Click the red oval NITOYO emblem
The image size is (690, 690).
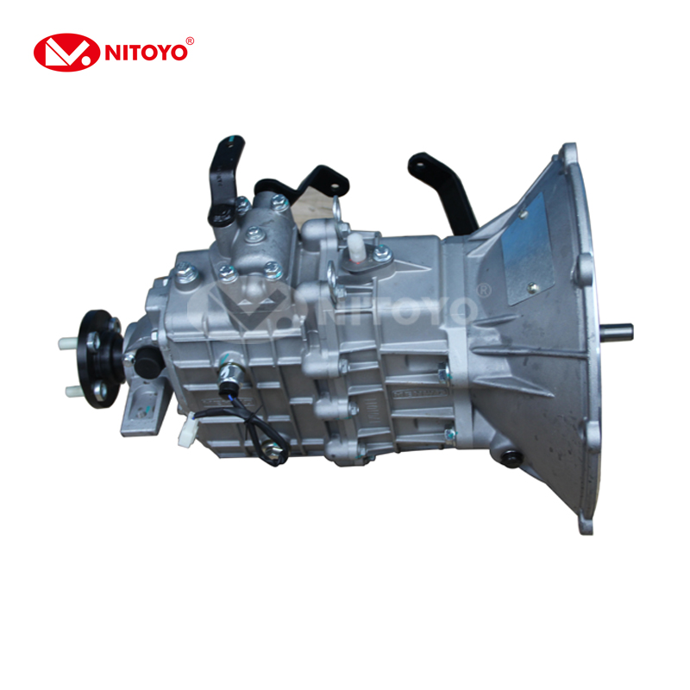click(x=66, y=53)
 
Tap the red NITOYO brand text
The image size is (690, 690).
click(x=146, y=53)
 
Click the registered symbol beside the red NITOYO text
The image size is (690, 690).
click(x=190, y=41)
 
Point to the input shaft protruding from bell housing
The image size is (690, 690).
click(x=616, y=331)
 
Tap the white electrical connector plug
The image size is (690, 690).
click(x=186, y=431)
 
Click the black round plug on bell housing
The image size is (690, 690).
click(x=511, y=459)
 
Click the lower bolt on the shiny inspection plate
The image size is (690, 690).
click(x=532, y=288)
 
